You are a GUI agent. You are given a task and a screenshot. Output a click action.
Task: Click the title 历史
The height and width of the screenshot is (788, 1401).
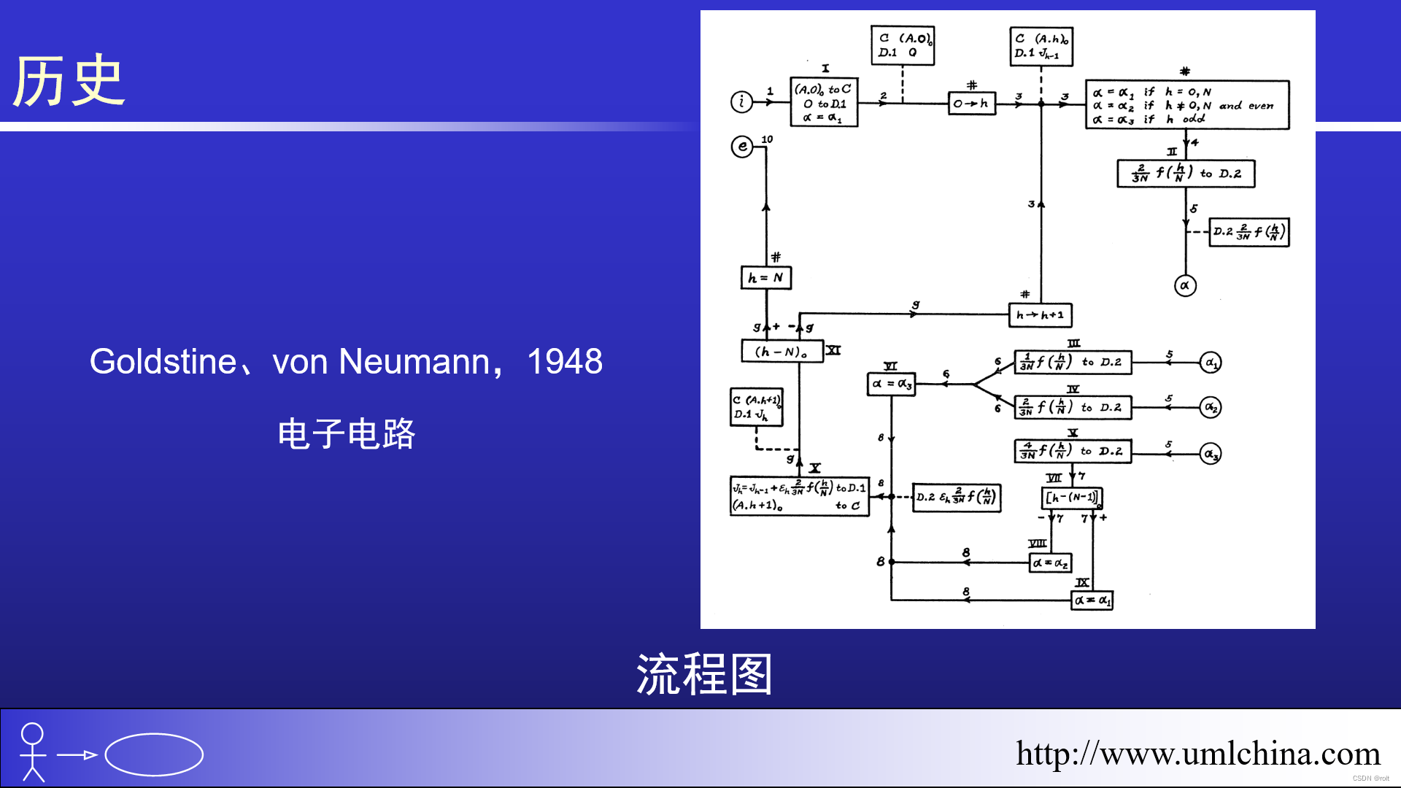point(69,81)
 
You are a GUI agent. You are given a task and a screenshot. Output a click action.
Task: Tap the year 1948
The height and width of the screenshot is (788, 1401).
point(565,362)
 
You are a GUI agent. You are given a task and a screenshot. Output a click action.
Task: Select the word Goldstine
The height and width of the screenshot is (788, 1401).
point(163,362)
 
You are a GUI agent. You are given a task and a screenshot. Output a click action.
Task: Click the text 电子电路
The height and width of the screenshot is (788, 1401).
point(347,434)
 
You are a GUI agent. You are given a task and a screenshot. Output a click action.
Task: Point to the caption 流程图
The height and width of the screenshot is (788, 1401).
point(704,674)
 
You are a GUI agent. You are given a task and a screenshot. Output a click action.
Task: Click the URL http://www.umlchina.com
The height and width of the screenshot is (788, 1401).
point(1197,754)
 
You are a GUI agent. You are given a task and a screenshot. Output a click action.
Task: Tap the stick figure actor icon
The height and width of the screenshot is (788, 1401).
point(33,752)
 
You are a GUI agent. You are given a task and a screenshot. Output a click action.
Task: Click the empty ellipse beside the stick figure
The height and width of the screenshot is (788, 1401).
point(154,754)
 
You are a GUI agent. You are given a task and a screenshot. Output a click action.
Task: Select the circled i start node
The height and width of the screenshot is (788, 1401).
point(741,101)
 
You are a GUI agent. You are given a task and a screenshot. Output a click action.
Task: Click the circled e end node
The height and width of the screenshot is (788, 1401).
point(742,147)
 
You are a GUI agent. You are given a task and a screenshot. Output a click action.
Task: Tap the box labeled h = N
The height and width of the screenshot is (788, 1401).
point(765,278)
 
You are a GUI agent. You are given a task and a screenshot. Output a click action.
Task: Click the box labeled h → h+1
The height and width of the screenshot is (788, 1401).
point(1040,315)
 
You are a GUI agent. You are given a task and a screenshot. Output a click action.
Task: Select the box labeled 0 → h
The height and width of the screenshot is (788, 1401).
point(971,104)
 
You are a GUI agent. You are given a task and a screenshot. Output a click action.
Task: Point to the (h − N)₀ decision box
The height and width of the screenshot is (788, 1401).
point(781,352)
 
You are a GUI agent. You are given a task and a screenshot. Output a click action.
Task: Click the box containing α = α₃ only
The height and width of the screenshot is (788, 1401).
point(891,384)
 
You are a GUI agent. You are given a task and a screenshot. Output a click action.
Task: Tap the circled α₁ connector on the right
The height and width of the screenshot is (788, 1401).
point(1211,363)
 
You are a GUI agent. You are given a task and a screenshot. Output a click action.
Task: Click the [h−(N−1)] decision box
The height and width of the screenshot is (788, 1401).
point(1071,498)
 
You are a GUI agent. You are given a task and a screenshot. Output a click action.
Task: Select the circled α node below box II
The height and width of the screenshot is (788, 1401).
point(1185,286)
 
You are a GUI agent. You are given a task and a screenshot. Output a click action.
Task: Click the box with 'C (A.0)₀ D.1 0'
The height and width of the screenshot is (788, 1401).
point(903,45)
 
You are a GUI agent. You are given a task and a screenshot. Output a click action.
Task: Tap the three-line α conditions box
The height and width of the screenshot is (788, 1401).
point(1186,105)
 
